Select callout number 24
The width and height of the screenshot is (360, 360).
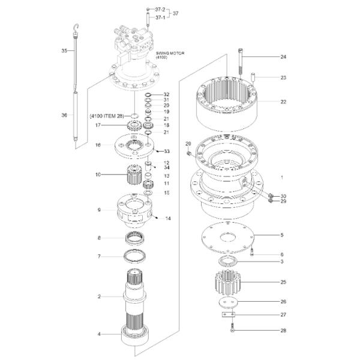tap(283, 57)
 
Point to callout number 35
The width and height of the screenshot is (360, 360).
tap(64, 51)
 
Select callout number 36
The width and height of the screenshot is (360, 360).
tap(64, 115)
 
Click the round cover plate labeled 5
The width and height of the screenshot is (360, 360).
tap(226, 238)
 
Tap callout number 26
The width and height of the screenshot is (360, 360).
tap(283, 301)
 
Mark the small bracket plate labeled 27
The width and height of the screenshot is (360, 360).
tap(226, 316)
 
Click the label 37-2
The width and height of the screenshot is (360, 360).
tap(160, 10)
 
